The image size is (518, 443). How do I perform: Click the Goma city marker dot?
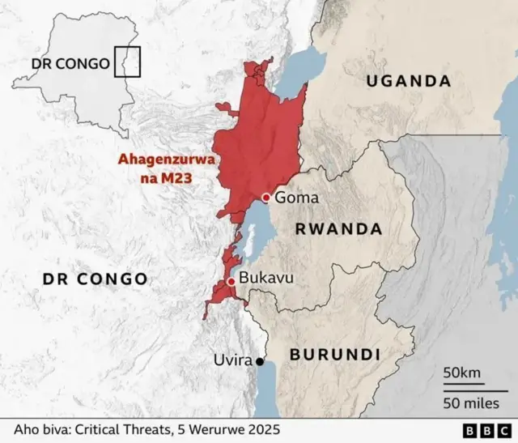coord(266,198)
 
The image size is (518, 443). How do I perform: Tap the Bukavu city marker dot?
coord(231,281)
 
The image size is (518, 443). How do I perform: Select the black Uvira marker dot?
coord(260,362)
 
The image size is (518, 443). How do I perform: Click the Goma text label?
coord(296,198)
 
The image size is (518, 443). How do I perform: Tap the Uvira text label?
coord(232,360)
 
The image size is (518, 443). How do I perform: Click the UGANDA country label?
coord(408,81)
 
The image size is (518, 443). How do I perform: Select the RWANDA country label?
coord(338,229)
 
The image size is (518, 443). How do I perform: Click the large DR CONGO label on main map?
coord(95,279)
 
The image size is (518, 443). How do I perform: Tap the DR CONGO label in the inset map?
coord(70,64)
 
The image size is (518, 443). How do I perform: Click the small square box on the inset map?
coord(127,62)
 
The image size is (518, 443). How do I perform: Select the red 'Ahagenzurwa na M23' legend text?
coord(167,168)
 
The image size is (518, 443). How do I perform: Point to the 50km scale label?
coord(461,373)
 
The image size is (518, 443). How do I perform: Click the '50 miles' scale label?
coord(469,403)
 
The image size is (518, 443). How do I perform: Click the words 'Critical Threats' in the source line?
coord(122,429)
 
